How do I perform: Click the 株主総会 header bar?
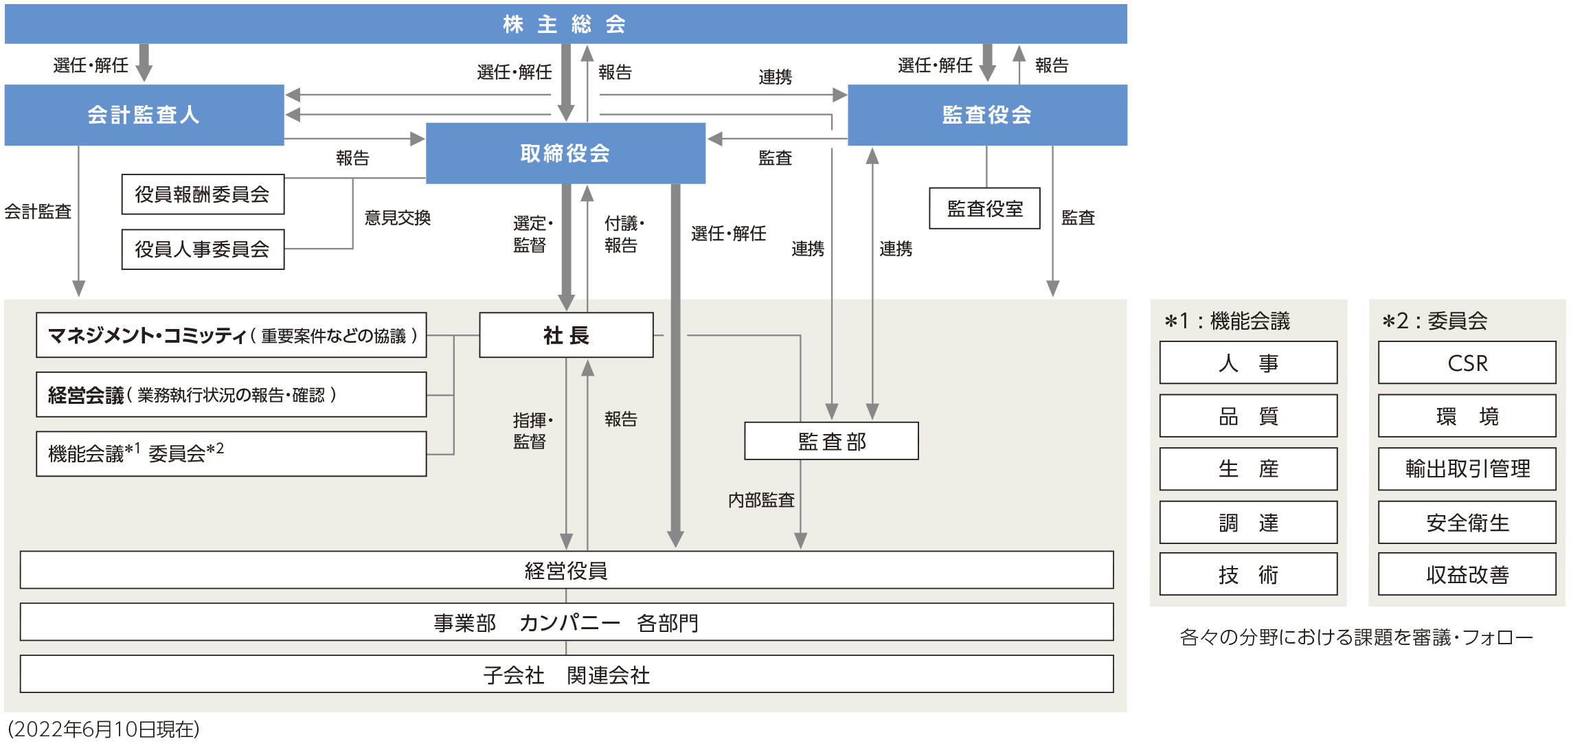[x=565, y=24]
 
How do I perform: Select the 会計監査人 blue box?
[x=144, y=115]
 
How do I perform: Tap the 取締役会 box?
[x=565, y=153]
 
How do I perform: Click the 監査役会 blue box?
[x=987, y=115]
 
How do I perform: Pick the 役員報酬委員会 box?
[x=203, y=194]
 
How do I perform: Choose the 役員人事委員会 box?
[x=203, y=249]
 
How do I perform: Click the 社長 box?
[x=566, y=335]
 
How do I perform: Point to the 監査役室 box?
[x=984, y=208]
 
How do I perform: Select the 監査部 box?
[x=831, y=441]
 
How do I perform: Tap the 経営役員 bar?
[x=566, y=570]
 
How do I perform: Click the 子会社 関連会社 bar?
[x=566, y=675]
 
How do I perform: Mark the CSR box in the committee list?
[x=1467, y=363]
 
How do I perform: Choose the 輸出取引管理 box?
[x=1467, y=469]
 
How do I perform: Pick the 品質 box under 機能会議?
[x=1248, y=416]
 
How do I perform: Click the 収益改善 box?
[x=1467, y=574]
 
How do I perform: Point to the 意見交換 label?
[x=398, y=218]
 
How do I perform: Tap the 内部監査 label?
[x=761, y=500]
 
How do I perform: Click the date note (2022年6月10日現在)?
[x=104, y=729]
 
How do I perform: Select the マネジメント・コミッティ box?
[x=231, y=335]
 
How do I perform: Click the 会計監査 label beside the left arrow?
[x=38, y=212]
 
